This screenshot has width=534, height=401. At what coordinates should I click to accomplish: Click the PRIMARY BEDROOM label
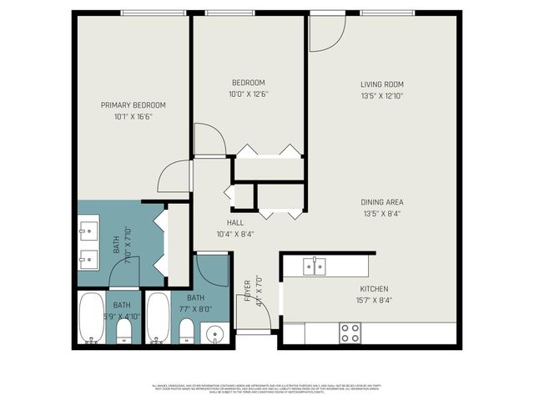pyautogui.click(x=133, y=104)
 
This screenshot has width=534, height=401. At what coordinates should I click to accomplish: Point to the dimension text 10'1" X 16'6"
pyautogui.click(x=133, y=116)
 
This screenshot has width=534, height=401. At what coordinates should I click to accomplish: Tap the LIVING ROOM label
pyautogui.click(x=382, y=84)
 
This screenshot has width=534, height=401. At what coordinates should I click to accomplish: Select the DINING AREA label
pyautogui.click(x=382, y=202)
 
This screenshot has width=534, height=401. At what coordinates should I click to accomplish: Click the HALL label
pyautogui.click(x=235, y=222)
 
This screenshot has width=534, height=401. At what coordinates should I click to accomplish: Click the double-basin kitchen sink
pyautogui.click(x=315, y=266)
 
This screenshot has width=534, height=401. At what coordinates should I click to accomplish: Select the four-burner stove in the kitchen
pyautogui.click(x=350, y=332)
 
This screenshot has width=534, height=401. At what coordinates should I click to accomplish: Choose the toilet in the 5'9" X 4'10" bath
pyautogui.click(x=123, y=332)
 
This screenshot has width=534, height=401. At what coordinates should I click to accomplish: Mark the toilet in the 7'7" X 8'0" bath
pyautogui.click(x=187, y=332)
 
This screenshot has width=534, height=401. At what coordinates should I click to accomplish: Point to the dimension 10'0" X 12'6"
pyautogui.click(x=249, y=94)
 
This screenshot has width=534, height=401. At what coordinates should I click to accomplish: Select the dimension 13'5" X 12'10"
pyautogui.click(x=382, y=96)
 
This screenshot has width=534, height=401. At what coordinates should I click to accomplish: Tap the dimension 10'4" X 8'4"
pyautogui.click(x=235, y=234)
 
